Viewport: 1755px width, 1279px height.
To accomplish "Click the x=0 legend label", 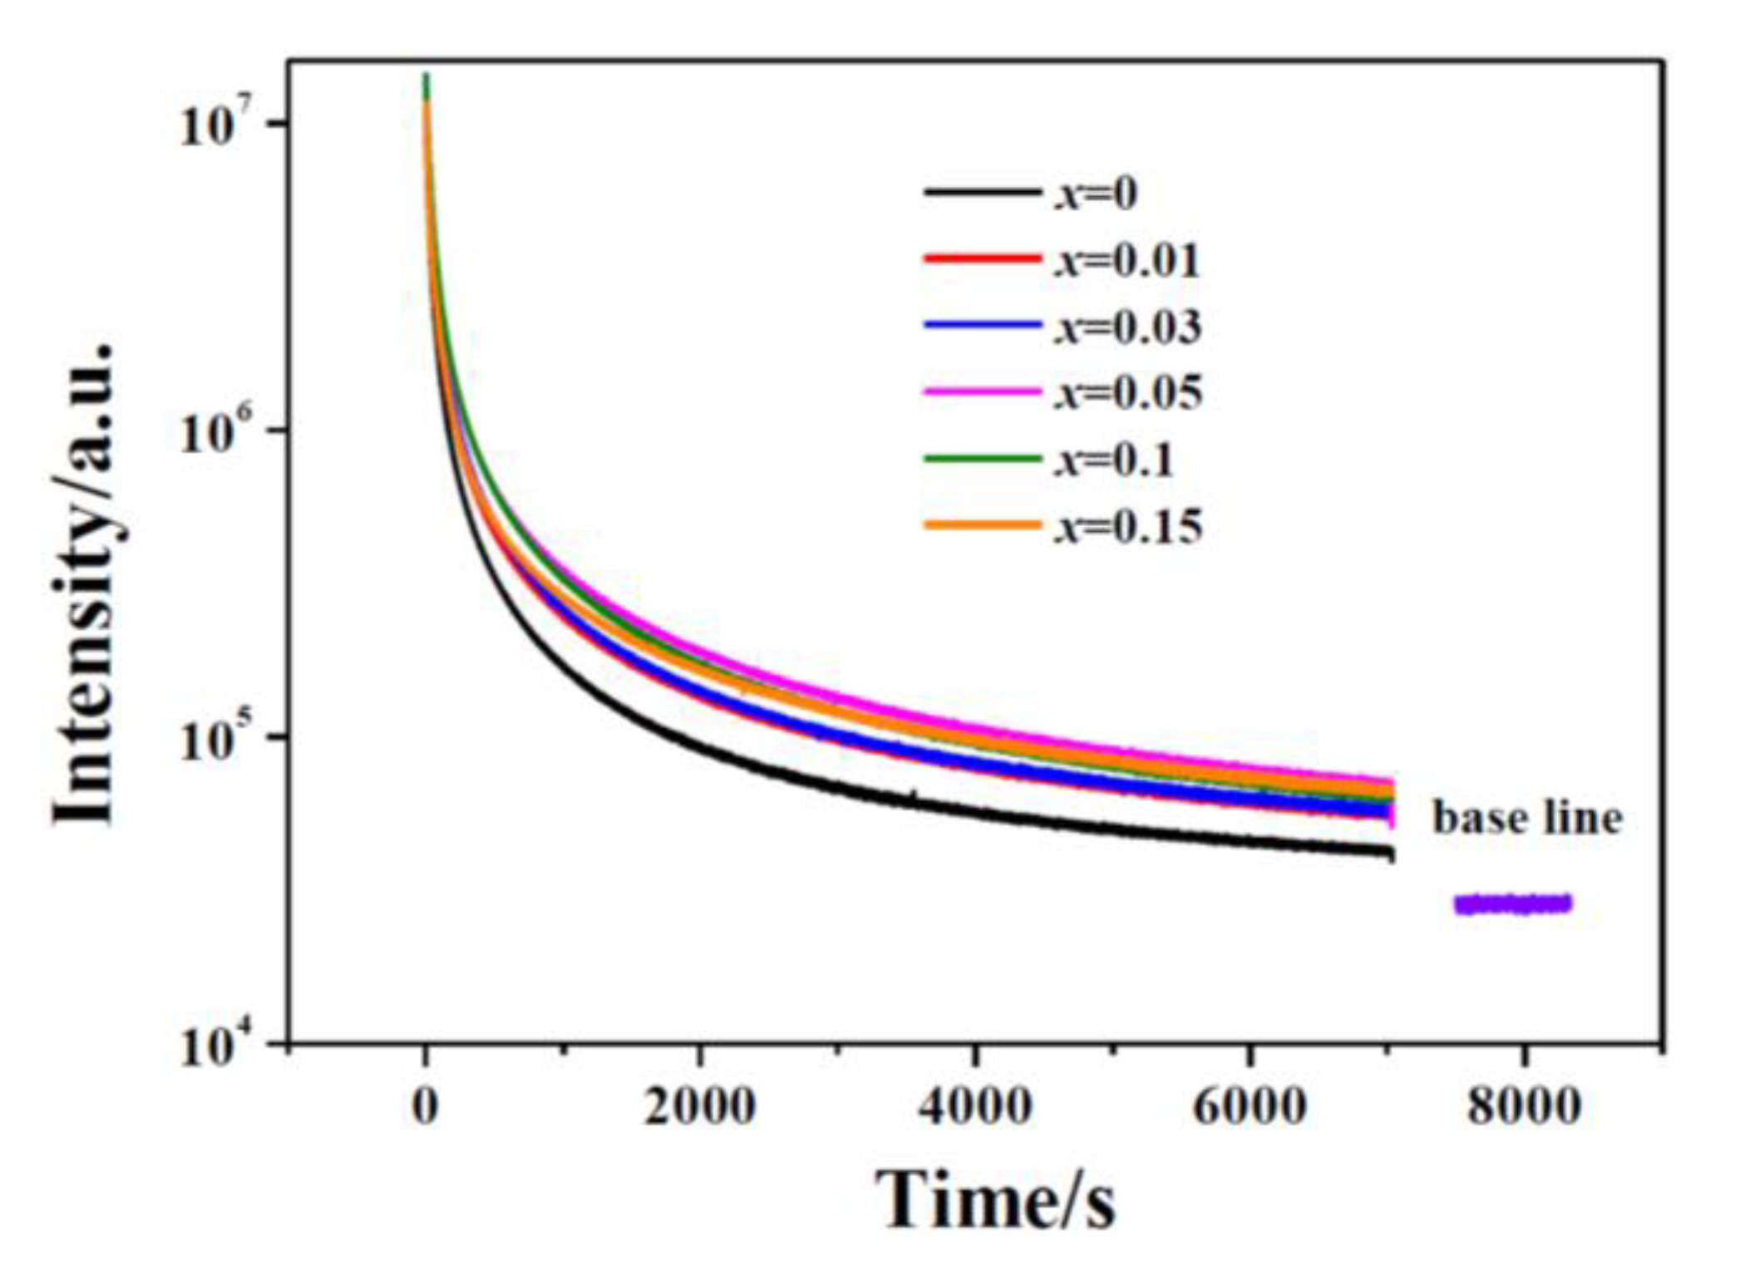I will pyautogui.click(x=1096, y=194).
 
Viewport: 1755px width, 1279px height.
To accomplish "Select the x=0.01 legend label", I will pyautogui.click(x=1127, y=261).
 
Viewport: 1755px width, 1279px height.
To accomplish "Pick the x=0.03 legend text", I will pyautogui.click(x=1128, y=327).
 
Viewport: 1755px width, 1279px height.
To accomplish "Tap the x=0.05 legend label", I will pyautogui.click(x=1128, y=393).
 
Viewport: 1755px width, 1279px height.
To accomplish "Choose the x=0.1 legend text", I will pyautogui.click(x=1114, y=460).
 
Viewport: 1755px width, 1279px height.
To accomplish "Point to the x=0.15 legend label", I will pyautogui.click(x=1128, y=526).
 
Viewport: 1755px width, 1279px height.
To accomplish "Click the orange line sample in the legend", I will pyautogui.click(x=982, y=524).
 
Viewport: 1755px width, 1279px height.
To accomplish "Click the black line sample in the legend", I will pyautogui.click(x=982, y=192).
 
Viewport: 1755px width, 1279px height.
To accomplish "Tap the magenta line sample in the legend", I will pyautogui.click(x=982, y=391).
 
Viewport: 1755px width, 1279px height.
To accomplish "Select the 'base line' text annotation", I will pyautogui.click(x=1526, y=818).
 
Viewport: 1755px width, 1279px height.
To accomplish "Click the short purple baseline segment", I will pyautogui.click(x=1512, y=904).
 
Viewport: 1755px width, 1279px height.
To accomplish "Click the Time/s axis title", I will pyautogui.click(x=994, y=1202).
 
